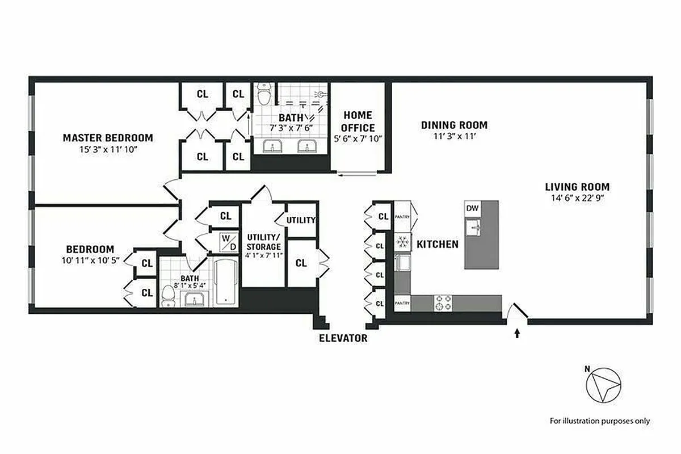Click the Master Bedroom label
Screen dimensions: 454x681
[x=107, y=138]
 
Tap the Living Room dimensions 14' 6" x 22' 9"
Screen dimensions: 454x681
[x=577, y=199]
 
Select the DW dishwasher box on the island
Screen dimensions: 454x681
[x=473, y=208]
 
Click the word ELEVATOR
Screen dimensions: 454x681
[x=343, y=339]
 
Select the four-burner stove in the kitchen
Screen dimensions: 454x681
[x=443, y=304]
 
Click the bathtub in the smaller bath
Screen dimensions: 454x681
[x=226, y=282]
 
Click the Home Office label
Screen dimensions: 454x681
[x=358, y=121]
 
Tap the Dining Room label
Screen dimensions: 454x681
[x=454, y=125]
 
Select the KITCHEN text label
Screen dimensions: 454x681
[x=438, y=245]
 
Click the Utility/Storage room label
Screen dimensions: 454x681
[x=263, y=242]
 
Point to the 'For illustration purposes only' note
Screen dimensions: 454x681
[x=600, y=421]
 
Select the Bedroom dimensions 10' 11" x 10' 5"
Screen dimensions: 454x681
[x=90, y=261]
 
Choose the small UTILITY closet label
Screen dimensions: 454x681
[x=301, y=220]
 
